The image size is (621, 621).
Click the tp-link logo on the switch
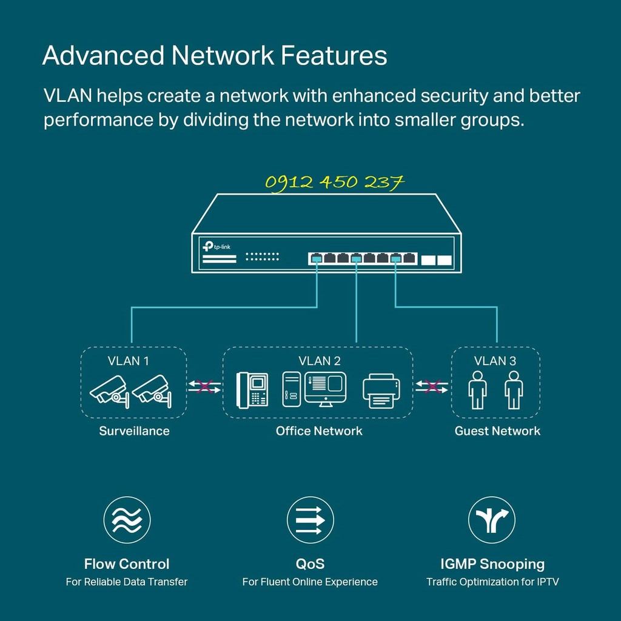click(x=217, y=246)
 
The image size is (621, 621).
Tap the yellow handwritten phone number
click(x=335, y=183)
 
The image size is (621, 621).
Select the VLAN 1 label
click(x=129, y=361)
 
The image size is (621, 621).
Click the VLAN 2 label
click(x=319, y=361)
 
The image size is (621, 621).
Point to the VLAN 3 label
click(x=495, y=361)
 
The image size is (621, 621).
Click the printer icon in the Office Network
click(x=381, y=391)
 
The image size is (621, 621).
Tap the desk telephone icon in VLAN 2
click(x=252, y=390)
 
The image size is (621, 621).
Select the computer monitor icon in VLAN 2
click(x=325, y=389)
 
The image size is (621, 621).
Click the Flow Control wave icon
click(x=127, y=520)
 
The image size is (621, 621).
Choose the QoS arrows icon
click(x=310, y=520)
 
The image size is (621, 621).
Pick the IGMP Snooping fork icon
click(x=491, y=520)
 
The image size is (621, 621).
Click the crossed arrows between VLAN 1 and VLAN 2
click(x=204, y=386)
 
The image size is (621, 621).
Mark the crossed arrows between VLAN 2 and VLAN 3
click(x=432, y=386)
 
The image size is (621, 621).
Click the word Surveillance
click(x=134, y=431)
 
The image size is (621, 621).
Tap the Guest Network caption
click(x=497, y=431)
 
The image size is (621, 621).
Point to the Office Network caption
click(x=319, y=431)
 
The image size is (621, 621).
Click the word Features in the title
click(x=334, y=55)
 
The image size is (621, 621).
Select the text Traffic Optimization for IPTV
click(x=492, y=582)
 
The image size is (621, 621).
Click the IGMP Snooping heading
click(x=492, y=564)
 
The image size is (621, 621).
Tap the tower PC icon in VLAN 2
click(x=291, y=389)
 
